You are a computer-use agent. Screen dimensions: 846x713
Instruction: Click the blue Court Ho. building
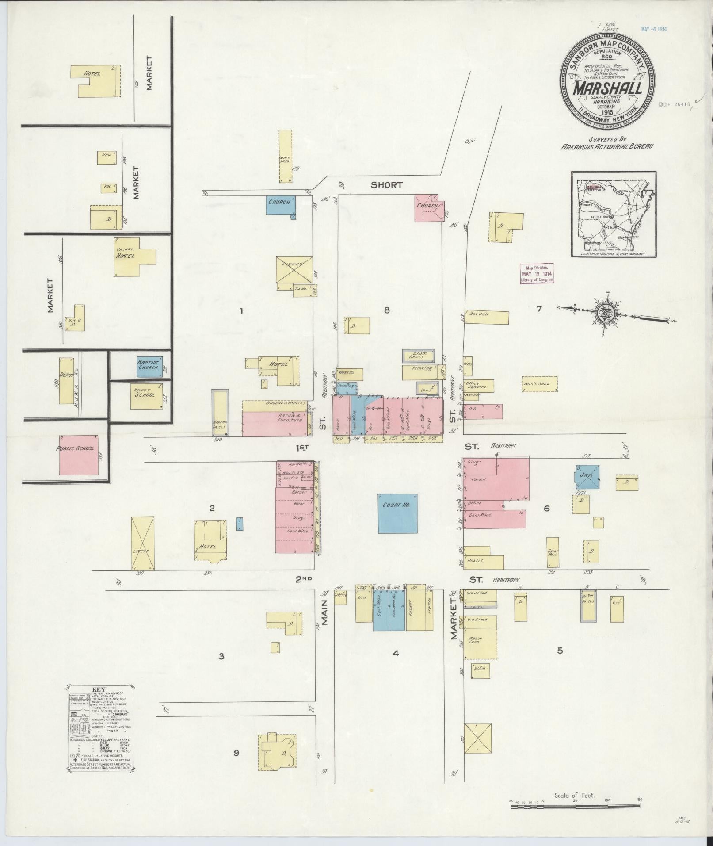pos(397,513)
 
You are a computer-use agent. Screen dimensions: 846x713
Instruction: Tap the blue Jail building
pos(587,476)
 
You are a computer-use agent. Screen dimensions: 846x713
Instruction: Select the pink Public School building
pos(79,454)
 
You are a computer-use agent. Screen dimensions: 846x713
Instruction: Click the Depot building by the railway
pos(66,381)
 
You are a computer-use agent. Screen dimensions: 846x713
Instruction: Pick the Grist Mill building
pos(553,552)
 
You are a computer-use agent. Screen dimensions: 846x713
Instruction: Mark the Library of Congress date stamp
pos(537,273)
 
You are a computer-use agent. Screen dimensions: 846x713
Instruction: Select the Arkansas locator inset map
pos(614,214)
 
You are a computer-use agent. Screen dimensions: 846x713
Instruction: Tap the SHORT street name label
pos(387,185)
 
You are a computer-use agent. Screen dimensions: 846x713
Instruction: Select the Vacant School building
pos(145,392)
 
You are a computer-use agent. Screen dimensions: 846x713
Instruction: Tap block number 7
pos(539,309)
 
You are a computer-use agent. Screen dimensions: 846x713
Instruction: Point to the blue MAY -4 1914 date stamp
pos(654,30)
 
